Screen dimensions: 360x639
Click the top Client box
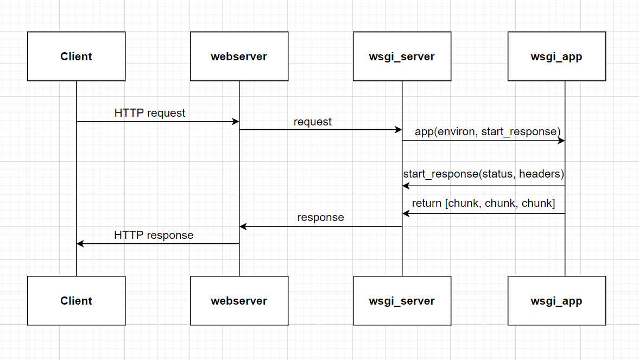click(76, 56)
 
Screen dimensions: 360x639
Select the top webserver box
click(239, 56)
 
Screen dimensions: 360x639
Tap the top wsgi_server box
click(402, 56)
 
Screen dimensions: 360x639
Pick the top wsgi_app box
click(556, 56)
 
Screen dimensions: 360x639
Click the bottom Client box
click(76, 301)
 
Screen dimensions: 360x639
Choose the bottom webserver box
click(239, 301)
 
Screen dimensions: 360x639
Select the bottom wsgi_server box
click(402, 301)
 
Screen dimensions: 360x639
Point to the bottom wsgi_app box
click(556, 301)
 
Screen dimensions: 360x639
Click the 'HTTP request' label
click(150, 113)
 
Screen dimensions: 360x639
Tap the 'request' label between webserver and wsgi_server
click(313, 122)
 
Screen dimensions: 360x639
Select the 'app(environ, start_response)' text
click(488, 131)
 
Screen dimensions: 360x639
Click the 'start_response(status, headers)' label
click(484, 174)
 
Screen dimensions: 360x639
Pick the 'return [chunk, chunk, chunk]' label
click(484, 203)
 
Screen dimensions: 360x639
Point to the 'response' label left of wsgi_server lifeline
click(320, 217)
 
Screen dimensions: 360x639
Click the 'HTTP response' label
click(154, 235)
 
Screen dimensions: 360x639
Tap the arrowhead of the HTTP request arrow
click(236, 122)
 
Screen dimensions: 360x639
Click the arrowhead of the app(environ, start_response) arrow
click(561, 141)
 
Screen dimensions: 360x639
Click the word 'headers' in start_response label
click(541, 174)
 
